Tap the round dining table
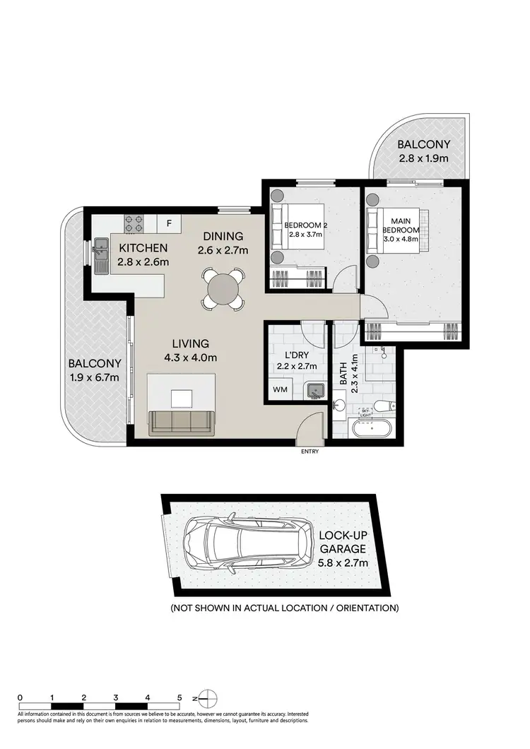tap(224, 288)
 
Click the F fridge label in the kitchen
tap(168, 223)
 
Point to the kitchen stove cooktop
tap(134, 223)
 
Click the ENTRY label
tap(309, 452)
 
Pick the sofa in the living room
tap(181, 422)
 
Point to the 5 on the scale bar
tap(179, 697)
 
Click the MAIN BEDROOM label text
tap(401, 225)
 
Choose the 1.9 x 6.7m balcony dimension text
tap(94, 377)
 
